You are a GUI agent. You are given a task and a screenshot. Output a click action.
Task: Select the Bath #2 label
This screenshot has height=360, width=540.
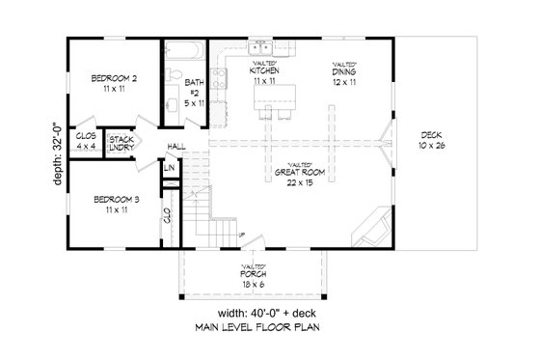194,90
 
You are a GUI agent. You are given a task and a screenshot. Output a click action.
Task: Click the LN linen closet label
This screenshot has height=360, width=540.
169,169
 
